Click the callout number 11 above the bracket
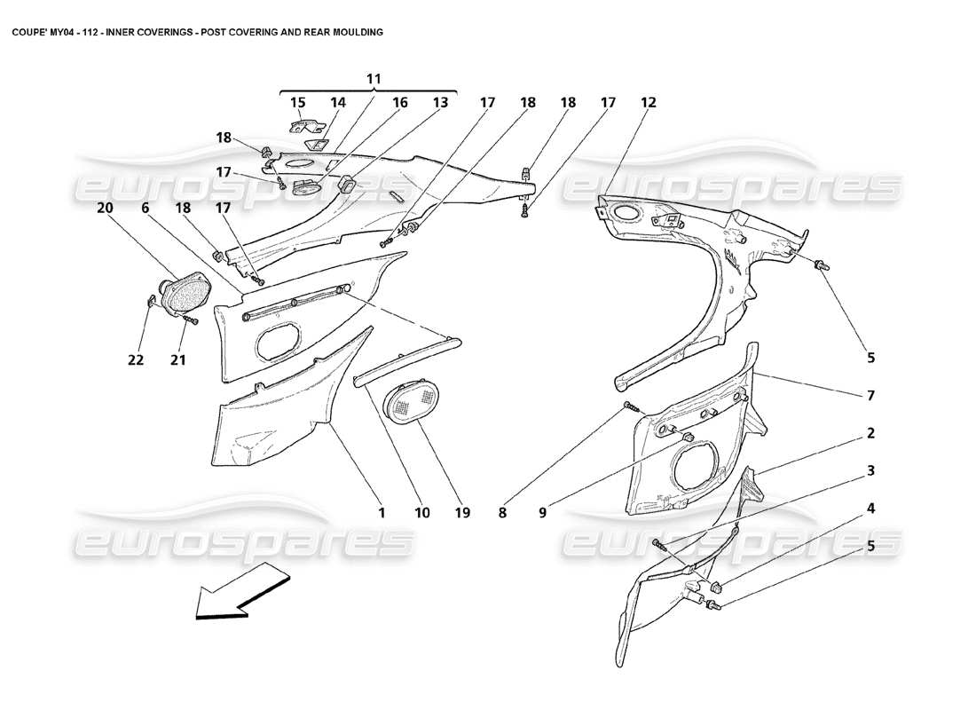pyautogui.click(x=374, y=79)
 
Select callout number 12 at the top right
pyautogui.click(x=649, y=103)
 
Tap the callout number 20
pyautogui.click(x=106, y=208)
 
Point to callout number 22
pyautogui.click(x=135, y=359)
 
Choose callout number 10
pyautogui.click(x=421, y=512)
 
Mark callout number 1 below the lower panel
pyautogui.click(x=382, y=512)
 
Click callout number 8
pyautogui.click(x=502, y=512)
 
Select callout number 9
pyautogui.click(x=541, y=512)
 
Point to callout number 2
pyautogui.click(x=870, y=433)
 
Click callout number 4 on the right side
pyautogui.click(x=870, y=509)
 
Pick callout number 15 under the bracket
pyautogui.click(x=297, y=103)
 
